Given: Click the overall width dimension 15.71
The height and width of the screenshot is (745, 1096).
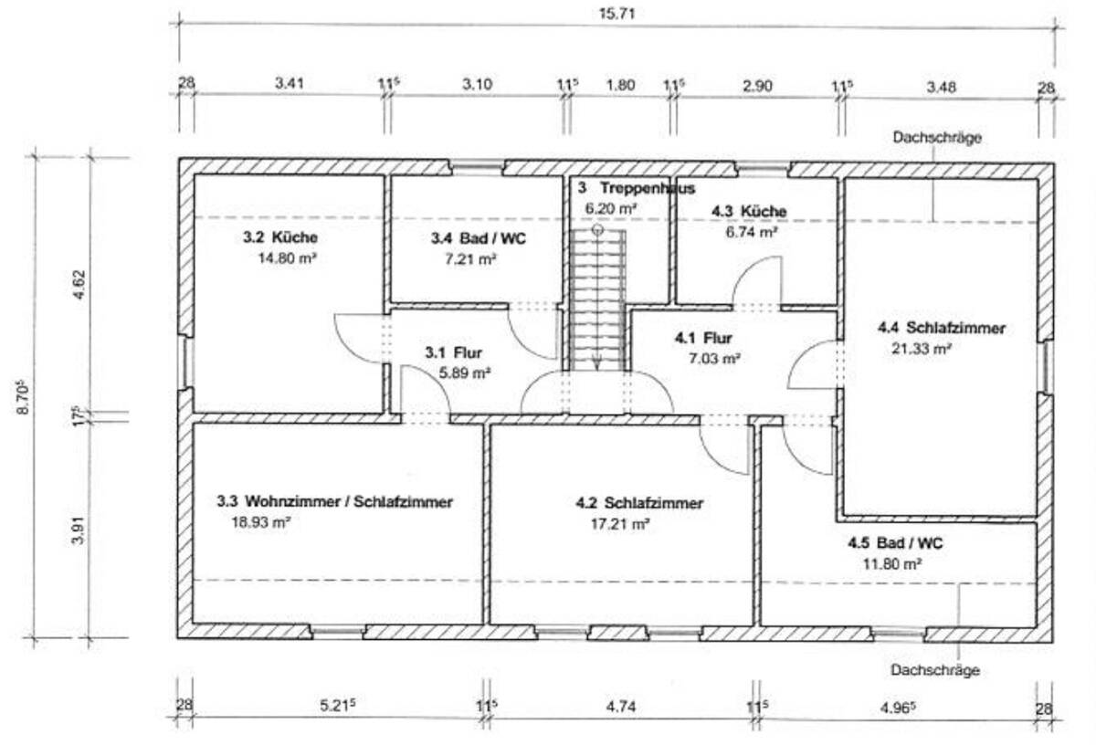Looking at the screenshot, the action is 617,13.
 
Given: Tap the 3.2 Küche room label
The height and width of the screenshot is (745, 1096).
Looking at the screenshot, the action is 280,237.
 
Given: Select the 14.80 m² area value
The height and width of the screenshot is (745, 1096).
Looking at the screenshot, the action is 287,257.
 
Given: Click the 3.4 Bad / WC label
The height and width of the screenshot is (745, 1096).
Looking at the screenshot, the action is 478,238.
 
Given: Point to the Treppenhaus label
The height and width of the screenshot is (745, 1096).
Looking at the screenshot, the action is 648,188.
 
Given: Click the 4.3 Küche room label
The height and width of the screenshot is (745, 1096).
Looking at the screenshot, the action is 749,211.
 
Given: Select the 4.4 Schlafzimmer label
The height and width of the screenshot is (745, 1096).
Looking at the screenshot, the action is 941,328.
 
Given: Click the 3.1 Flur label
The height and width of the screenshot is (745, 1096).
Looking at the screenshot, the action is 453,352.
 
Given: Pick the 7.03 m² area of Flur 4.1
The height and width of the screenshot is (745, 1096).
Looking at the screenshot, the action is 714,359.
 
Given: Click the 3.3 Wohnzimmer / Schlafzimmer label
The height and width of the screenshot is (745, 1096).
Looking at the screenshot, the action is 334,501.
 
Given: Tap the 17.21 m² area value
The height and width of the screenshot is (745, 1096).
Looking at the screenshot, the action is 620,524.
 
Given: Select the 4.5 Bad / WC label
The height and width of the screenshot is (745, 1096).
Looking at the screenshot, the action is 895,543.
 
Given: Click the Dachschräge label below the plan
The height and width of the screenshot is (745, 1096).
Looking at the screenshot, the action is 935,669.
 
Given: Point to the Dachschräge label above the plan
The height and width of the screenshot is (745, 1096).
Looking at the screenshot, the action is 937,138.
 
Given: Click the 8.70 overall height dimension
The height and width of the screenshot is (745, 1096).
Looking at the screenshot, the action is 23,397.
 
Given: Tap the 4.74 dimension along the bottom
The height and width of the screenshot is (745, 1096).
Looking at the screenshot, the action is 621,707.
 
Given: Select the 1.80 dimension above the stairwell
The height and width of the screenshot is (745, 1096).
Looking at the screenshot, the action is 620,85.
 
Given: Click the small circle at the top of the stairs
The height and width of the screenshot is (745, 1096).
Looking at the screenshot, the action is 597,230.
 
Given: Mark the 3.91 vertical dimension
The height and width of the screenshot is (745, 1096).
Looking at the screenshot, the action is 79,530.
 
